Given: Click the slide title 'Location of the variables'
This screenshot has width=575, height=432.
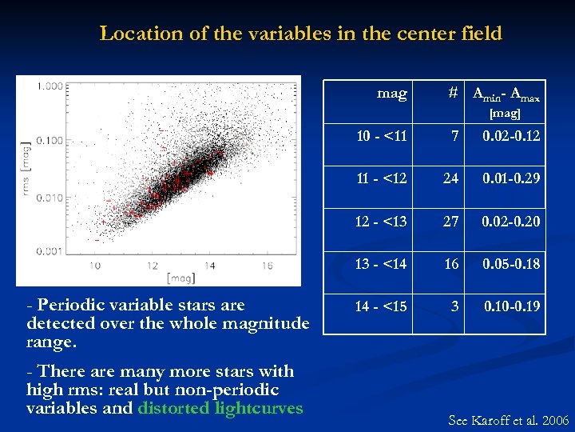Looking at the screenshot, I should click(300, 34).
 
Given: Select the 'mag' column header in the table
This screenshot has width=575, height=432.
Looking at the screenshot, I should click(391, 94).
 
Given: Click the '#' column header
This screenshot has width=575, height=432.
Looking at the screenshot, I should click(453, 94).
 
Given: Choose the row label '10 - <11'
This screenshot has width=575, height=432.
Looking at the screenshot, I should click(381, 136).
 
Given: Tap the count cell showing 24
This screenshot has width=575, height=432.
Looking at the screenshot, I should click(452, 178).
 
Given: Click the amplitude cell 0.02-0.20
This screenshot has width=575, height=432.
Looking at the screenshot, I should click(510, 220).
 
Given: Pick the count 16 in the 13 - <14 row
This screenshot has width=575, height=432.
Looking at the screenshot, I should click(452, 263).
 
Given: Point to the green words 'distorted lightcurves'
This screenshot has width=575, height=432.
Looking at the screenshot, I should click(220, 408).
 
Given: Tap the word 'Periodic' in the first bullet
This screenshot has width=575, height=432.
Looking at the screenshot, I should click(72, 305).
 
